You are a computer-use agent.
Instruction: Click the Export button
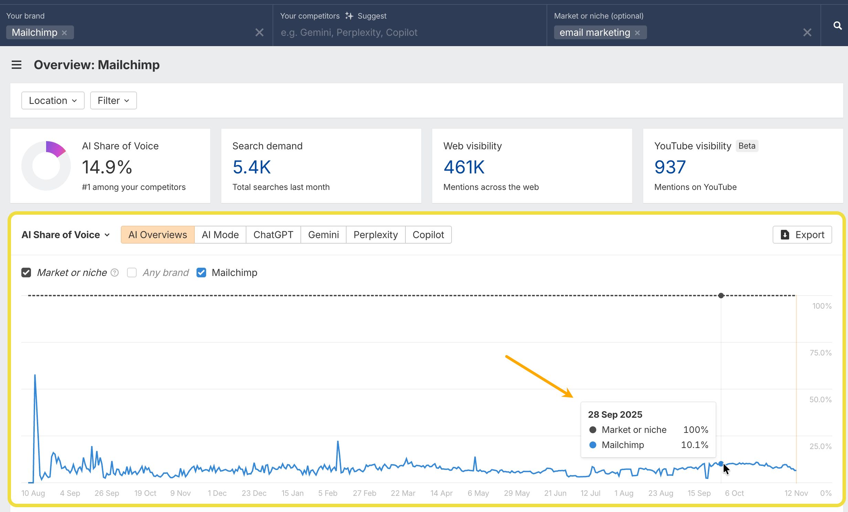(x=802, y=235)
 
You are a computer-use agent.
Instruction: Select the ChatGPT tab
(x=273, y=235)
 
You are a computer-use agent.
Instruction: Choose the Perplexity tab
(x=375, y=235)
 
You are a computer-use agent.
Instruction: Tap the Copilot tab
(x=428, y=235)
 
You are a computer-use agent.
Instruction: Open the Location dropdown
(x=53, y=100)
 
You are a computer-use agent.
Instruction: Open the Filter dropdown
(x=113, y=100)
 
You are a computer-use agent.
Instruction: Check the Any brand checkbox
(x=132, y=273)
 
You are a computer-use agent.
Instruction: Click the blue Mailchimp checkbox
(x=201, y=273)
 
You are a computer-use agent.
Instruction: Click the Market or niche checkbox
(x=26, y=273)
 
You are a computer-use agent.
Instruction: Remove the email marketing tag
(x=637, y=33)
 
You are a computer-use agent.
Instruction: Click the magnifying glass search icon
(x=837, y=25)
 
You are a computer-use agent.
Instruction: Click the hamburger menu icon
(x=17, y=65)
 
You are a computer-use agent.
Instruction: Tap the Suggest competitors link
(x=366, y=16)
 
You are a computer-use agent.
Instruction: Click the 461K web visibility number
(x=464, y=167)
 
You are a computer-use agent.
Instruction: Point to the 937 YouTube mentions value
(x=670, y=167)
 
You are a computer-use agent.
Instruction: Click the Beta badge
(x=747, y=146)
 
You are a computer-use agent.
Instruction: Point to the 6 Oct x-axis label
(x=734, y=493)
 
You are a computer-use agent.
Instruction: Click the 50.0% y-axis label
(x=820, y=399)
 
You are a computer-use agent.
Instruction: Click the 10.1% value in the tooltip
(x=695, y=445)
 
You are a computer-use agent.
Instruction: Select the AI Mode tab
(x=220, y=235)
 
